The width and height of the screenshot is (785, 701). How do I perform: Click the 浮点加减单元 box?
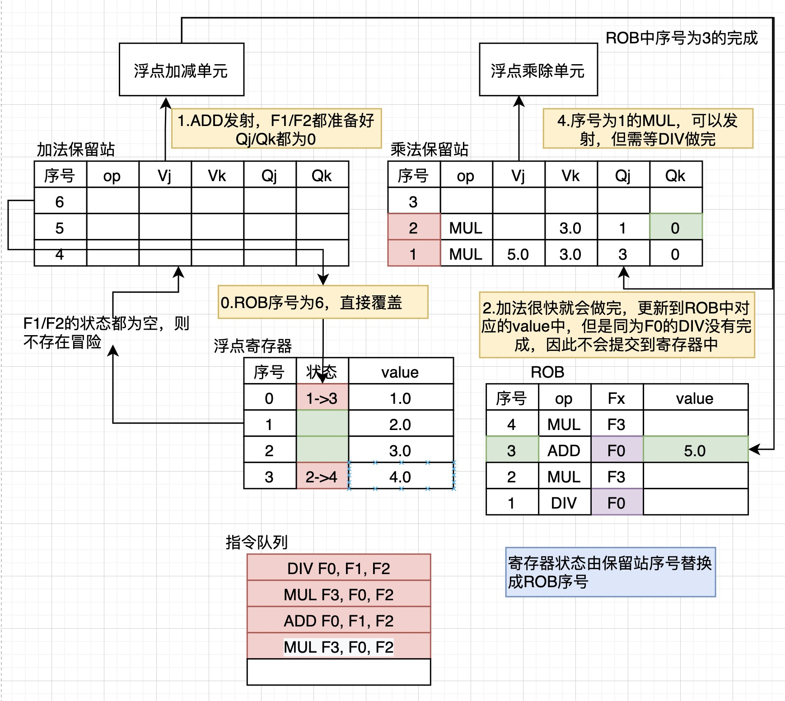[181, 70]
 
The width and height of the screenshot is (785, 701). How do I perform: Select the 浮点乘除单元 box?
[538, 70]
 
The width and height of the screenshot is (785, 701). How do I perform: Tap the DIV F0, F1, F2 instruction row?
[339, 568]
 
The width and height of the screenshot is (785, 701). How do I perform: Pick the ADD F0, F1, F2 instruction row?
[339, 620]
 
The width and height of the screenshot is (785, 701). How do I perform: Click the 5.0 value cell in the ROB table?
[695, 450]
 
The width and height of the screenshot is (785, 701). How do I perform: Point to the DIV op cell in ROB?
[564, 502]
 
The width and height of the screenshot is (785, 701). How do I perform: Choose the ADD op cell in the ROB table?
[564, 450]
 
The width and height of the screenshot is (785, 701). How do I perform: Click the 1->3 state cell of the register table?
[322, 397]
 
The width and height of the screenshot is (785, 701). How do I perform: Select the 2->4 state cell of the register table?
[322, 476]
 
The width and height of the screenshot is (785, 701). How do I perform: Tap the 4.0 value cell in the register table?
[400, 476]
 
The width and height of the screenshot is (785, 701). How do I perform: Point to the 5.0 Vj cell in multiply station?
[518, 253]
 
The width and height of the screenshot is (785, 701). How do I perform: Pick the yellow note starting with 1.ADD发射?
[276, 129]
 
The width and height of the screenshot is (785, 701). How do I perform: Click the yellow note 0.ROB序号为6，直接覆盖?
[322, 302]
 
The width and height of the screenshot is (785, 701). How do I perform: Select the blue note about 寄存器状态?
[610, 572]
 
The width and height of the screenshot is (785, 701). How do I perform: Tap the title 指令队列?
[257, 542]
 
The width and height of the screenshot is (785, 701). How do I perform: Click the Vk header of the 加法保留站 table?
[217, 175]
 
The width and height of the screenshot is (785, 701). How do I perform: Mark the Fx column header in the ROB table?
[617, 397]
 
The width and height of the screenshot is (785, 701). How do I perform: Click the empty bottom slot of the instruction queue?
[339, 671]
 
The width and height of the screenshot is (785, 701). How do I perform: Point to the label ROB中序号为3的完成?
[681, 38]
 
